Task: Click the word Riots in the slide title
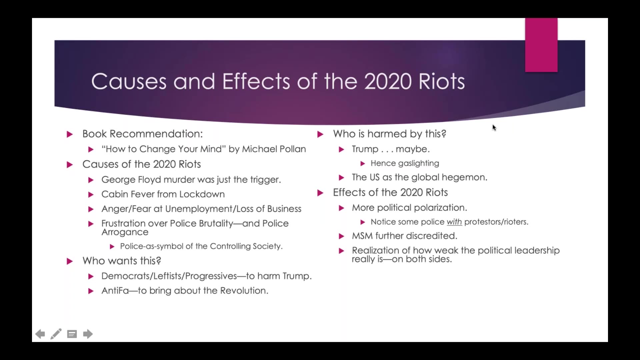[441, 82]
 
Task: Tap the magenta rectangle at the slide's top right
[541, 45]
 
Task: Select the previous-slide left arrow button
[40, 334]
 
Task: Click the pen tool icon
[56, 334]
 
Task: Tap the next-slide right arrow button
[88, 334]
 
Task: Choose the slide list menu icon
[72, 334]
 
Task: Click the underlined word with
[454, 222]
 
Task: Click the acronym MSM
[362, 236]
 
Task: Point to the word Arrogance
[125, 232]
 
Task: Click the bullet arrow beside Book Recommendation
[70, 134]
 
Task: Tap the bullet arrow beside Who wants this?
[70, 261]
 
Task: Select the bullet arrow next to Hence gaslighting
[363, 164]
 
